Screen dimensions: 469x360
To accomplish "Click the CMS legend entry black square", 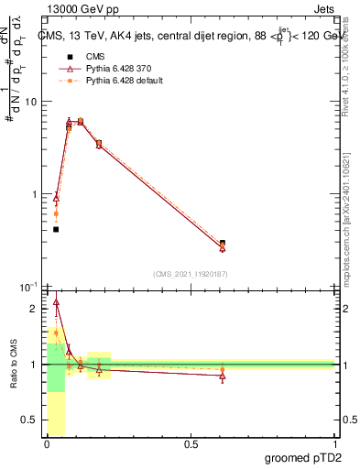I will point(68,57).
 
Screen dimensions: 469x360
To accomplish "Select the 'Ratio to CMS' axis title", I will point(14,365).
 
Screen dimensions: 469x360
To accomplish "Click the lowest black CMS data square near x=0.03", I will point(56,229).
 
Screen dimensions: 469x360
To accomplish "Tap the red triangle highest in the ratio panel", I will point(56,301).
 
